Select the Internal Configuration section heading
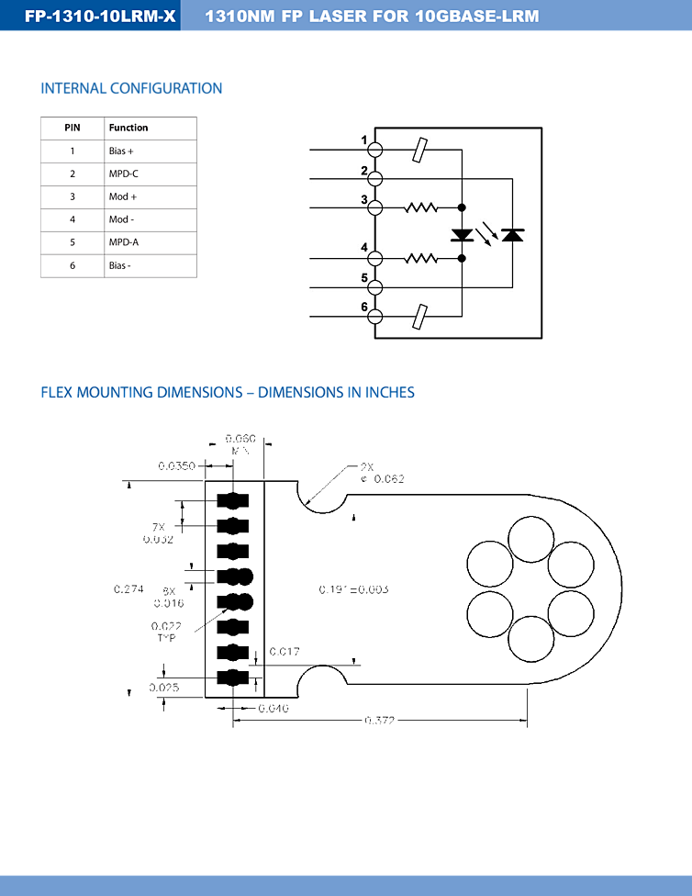click(x=131, y=88)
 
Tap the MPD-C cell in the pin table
click(x=124, y=174)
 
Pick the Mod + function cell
click(x=123, y=196)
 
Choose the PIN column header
click(x=73, y=128)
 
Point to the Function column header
click(x=128, y=128)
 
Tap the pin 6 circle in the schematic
click(x=374, y=316)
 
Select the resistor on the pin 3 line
click(x=421, y=207)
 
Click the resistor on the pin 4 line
click(x=421, y=259)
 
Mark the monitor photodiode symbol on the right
click(x=513, y=235)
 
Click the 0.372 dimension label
click(x=380, y=722)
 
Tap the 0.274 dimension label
click(x=128, y=588)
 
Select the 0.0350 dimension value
click(x=176, y=466)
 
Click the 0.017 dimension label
click(x=284, y=652)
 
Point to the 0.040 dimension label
click(x=273, y=708)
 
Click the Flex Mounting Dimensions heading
click(x=228, y=392)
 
